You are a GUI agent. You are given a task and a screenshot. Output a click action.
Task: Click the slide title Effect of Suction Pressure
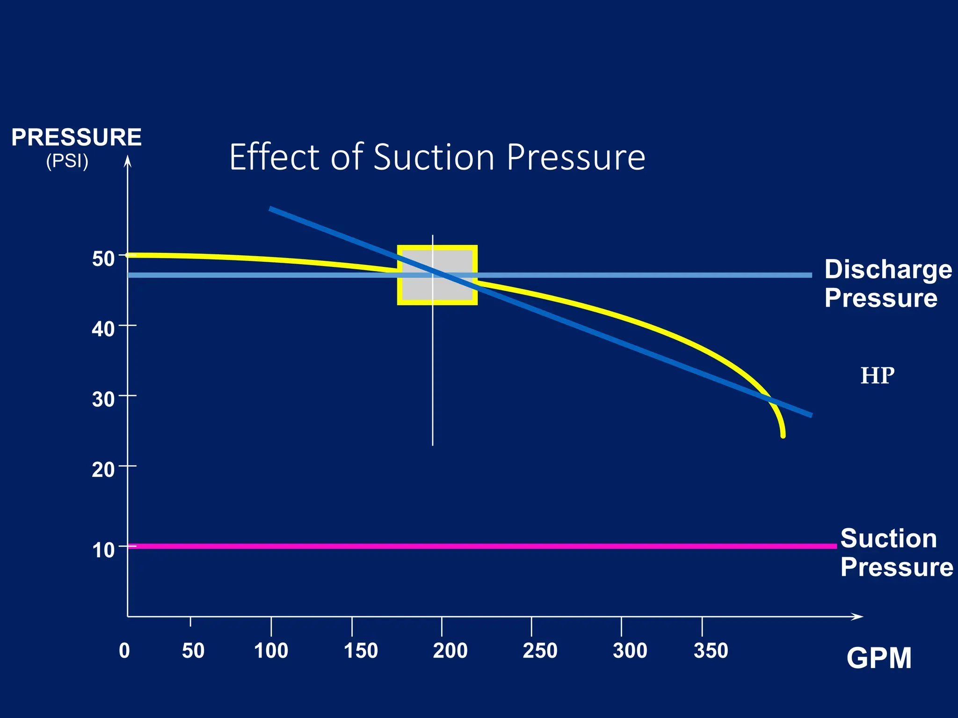(x=437, y=157)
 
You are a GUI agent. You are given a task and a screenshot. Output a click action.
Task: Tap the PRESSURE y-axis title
(x=76, y=137)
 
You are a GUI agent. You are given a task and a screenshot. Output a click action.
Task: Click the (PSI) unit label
(x=67, y=161)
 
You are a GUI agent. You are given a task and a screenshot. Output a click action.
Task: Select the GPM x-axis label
(x=878, y=658)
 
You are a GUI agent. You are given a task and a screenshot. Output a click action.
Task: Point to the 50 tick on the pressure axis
(x=103, y=258)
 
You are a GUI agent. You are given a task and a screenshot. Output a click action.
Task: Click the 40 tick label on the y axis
(x=103, y=329)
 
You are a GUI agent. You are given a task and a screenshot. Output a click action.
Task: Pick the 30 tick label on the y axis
(x=103, y=399)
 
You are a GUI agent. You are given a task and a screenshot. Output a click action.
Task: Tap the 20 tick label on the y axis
(x=103, y=469)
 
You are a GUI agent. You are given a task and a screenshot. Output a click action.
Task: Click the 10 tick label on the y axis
(x=103, y=550)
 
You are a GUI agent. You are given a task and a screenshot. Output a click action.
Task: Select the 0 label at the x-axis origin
(x=124, y=651)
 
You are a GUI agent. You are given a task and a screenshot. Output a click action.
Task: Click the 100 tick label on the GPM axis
(x=271, y=651)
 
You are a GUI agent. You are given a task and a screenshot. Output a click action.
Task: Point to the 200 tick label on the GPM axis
(x=450, y=651)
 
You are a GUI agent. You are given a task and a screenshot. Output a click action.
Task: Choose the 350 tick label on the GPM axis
(x=711, y=651)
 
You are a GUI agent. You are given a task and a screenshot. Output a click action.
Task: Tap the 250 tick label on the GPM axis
(x=540, y=651)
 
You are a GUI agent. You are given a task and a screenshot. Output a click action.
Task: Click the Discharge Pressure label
(x=887, y=283)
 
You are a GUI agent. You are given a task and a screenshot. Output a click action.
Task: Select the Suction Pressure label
(x=895, y=553)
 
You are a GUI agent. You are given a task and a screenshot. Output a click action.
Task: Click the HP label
(x=877, y=376)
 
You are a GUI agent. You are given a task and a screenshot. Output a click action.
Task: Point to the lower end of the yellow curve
(x=783, y=435)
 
